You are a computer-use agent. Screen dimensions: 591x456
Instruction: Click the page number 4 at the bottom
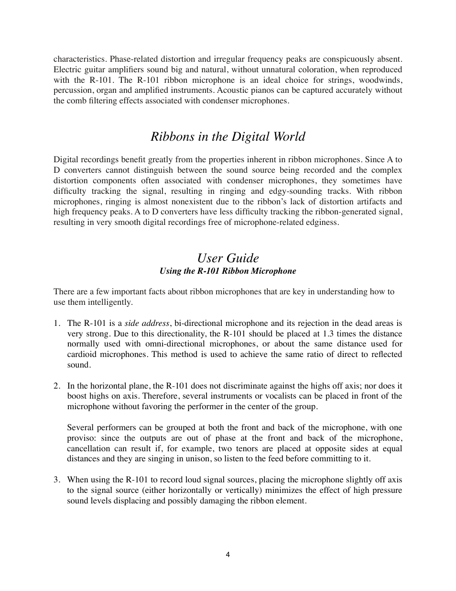tap(228, 555)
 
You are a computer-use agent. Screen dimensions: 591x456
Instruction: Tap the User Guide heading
tap(228, 258)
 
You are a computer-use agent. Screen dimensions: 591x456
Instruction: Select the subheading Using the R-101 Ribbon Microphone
tap(228, 271)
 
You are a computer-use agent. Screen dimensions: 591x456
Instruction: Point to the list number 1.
tap(56, 323)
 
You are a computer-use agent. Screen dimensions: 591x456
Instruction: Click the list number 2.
tap(56, 386)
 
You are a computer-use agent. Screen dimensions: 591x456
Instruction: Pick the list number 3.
tap(56, 479)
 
